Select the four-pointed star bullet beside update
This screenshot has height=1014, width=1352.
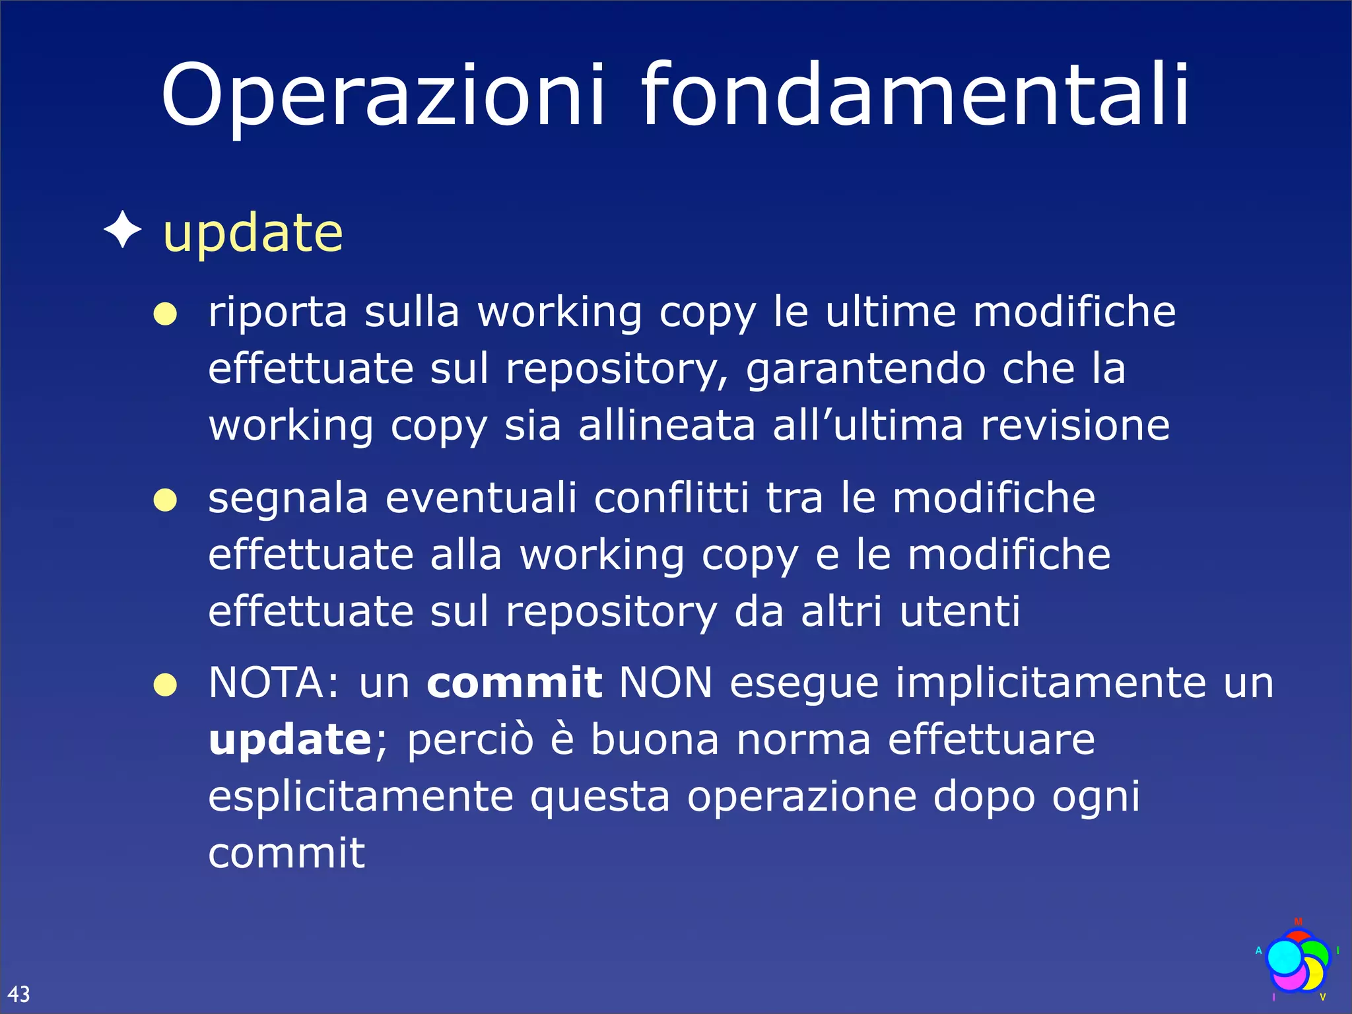coord(123,230)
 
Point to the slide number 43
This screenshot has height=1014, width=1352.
coord(19,994)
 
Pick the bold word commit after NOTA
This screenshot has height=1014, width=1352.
coord(514,683)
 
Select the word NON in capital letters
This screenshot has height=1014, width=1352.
coord(666,683)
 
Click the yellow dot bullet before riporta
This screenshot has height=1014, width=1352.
coord(165,314)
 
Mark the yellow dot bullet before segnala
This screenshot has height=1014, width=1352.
coord(165,500)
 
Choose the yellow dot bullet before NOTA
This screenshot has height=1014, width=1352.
coord(165,685)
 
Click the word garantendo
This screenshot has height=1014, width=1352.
coord(865,370)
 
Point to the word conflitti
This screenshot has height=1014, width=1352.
coord(671,498)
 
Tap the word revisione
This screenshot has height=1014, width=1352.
coord(1075,425)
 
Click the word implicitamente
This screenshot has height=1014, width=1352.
coord(1050,683)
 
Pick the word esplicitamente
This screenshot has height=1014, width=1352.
coord(360,797)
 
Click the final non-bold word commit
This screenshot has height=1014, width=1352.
coord(287,853)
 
